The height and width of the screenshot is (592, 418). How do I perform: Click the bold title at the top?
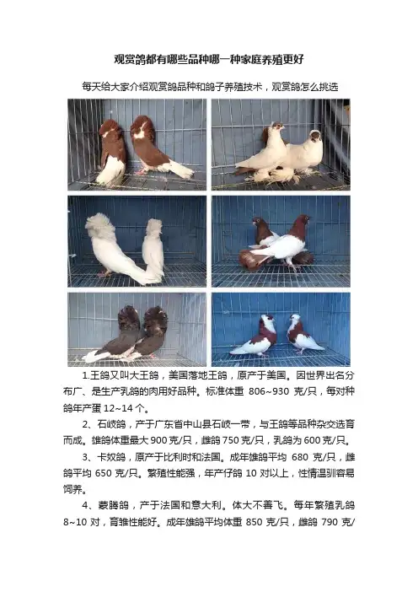209,59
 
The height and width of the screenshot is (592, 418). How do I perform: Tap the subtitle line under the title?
210,87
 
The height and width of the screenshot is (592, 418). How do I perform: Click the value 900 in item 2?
159,440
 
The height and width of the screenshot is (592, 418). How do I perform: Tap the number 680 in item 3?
300,457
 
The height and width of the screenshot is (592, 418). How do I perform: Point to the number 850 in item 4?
255,522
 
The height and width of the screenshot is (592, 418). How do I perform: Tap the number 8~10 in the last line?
76,522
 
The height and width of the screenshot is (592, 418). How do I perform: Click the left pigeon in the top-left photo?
111,153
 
